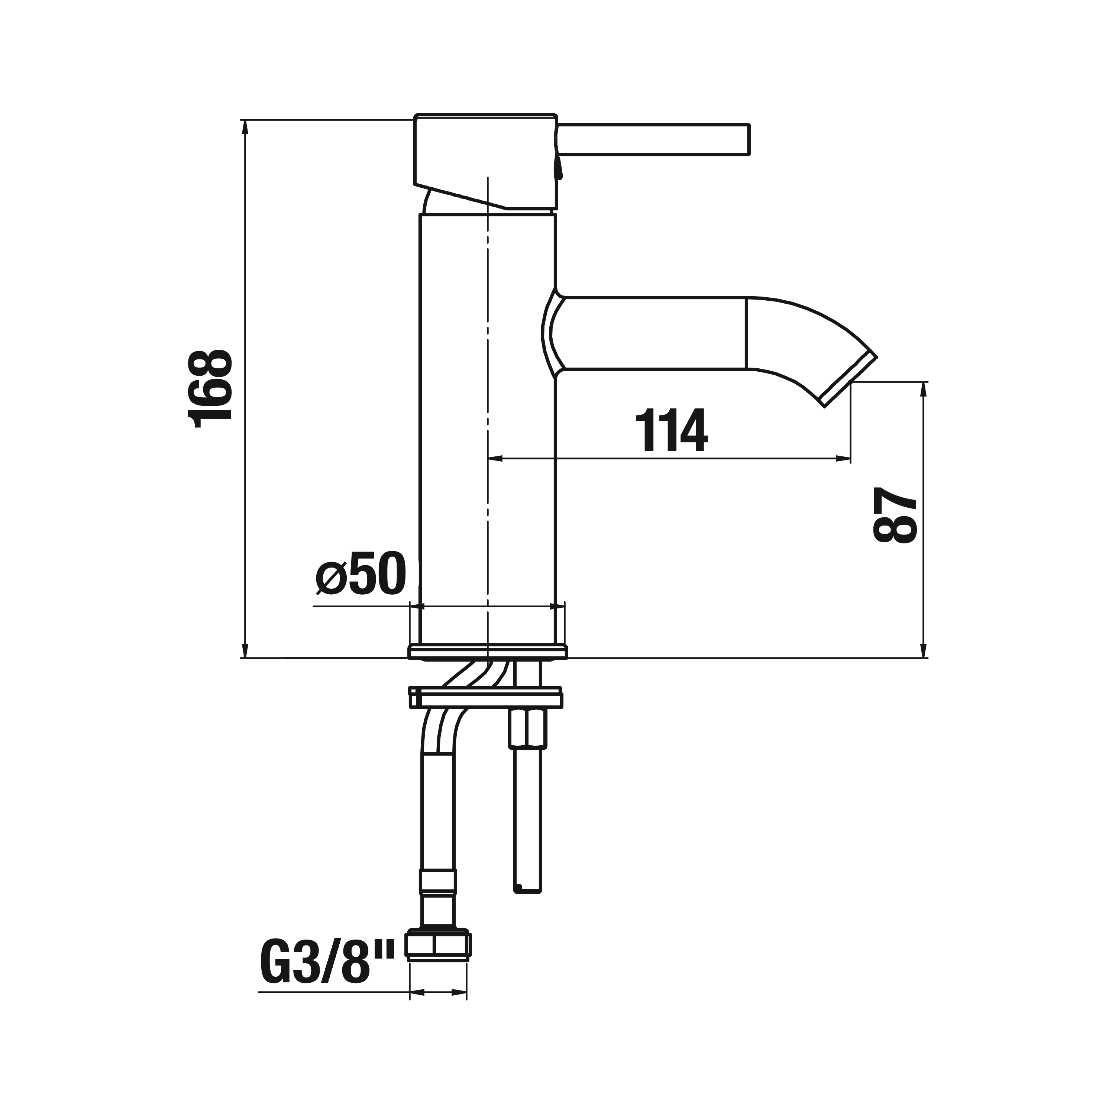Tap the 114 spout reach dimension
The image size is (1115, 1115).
tap(671, 430)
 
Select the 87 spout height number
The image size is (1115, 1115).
tap(895, 516)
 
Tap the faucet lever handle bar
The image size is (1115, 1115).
tap(653, 139)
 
